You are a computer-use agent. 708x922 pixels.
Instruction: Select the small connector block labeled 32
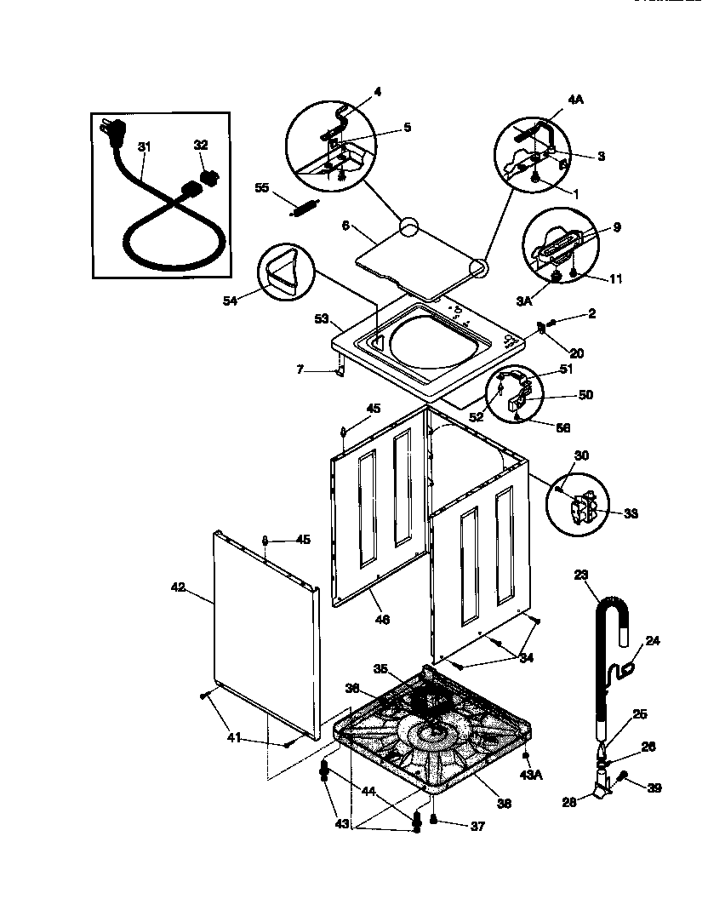click(x=208, y=180)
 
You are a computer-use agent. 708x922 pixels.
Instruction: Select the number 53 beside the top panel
click(x=322, y=318)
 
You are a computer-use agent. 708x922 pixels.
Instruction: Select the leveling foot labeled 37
click(x=434, y=820)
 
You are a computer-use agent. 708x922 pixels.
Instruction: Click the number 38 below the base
click(x=503, y=803)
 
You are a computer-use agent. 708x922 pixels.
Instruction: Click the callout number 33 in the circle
click(x=631, y=513)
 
